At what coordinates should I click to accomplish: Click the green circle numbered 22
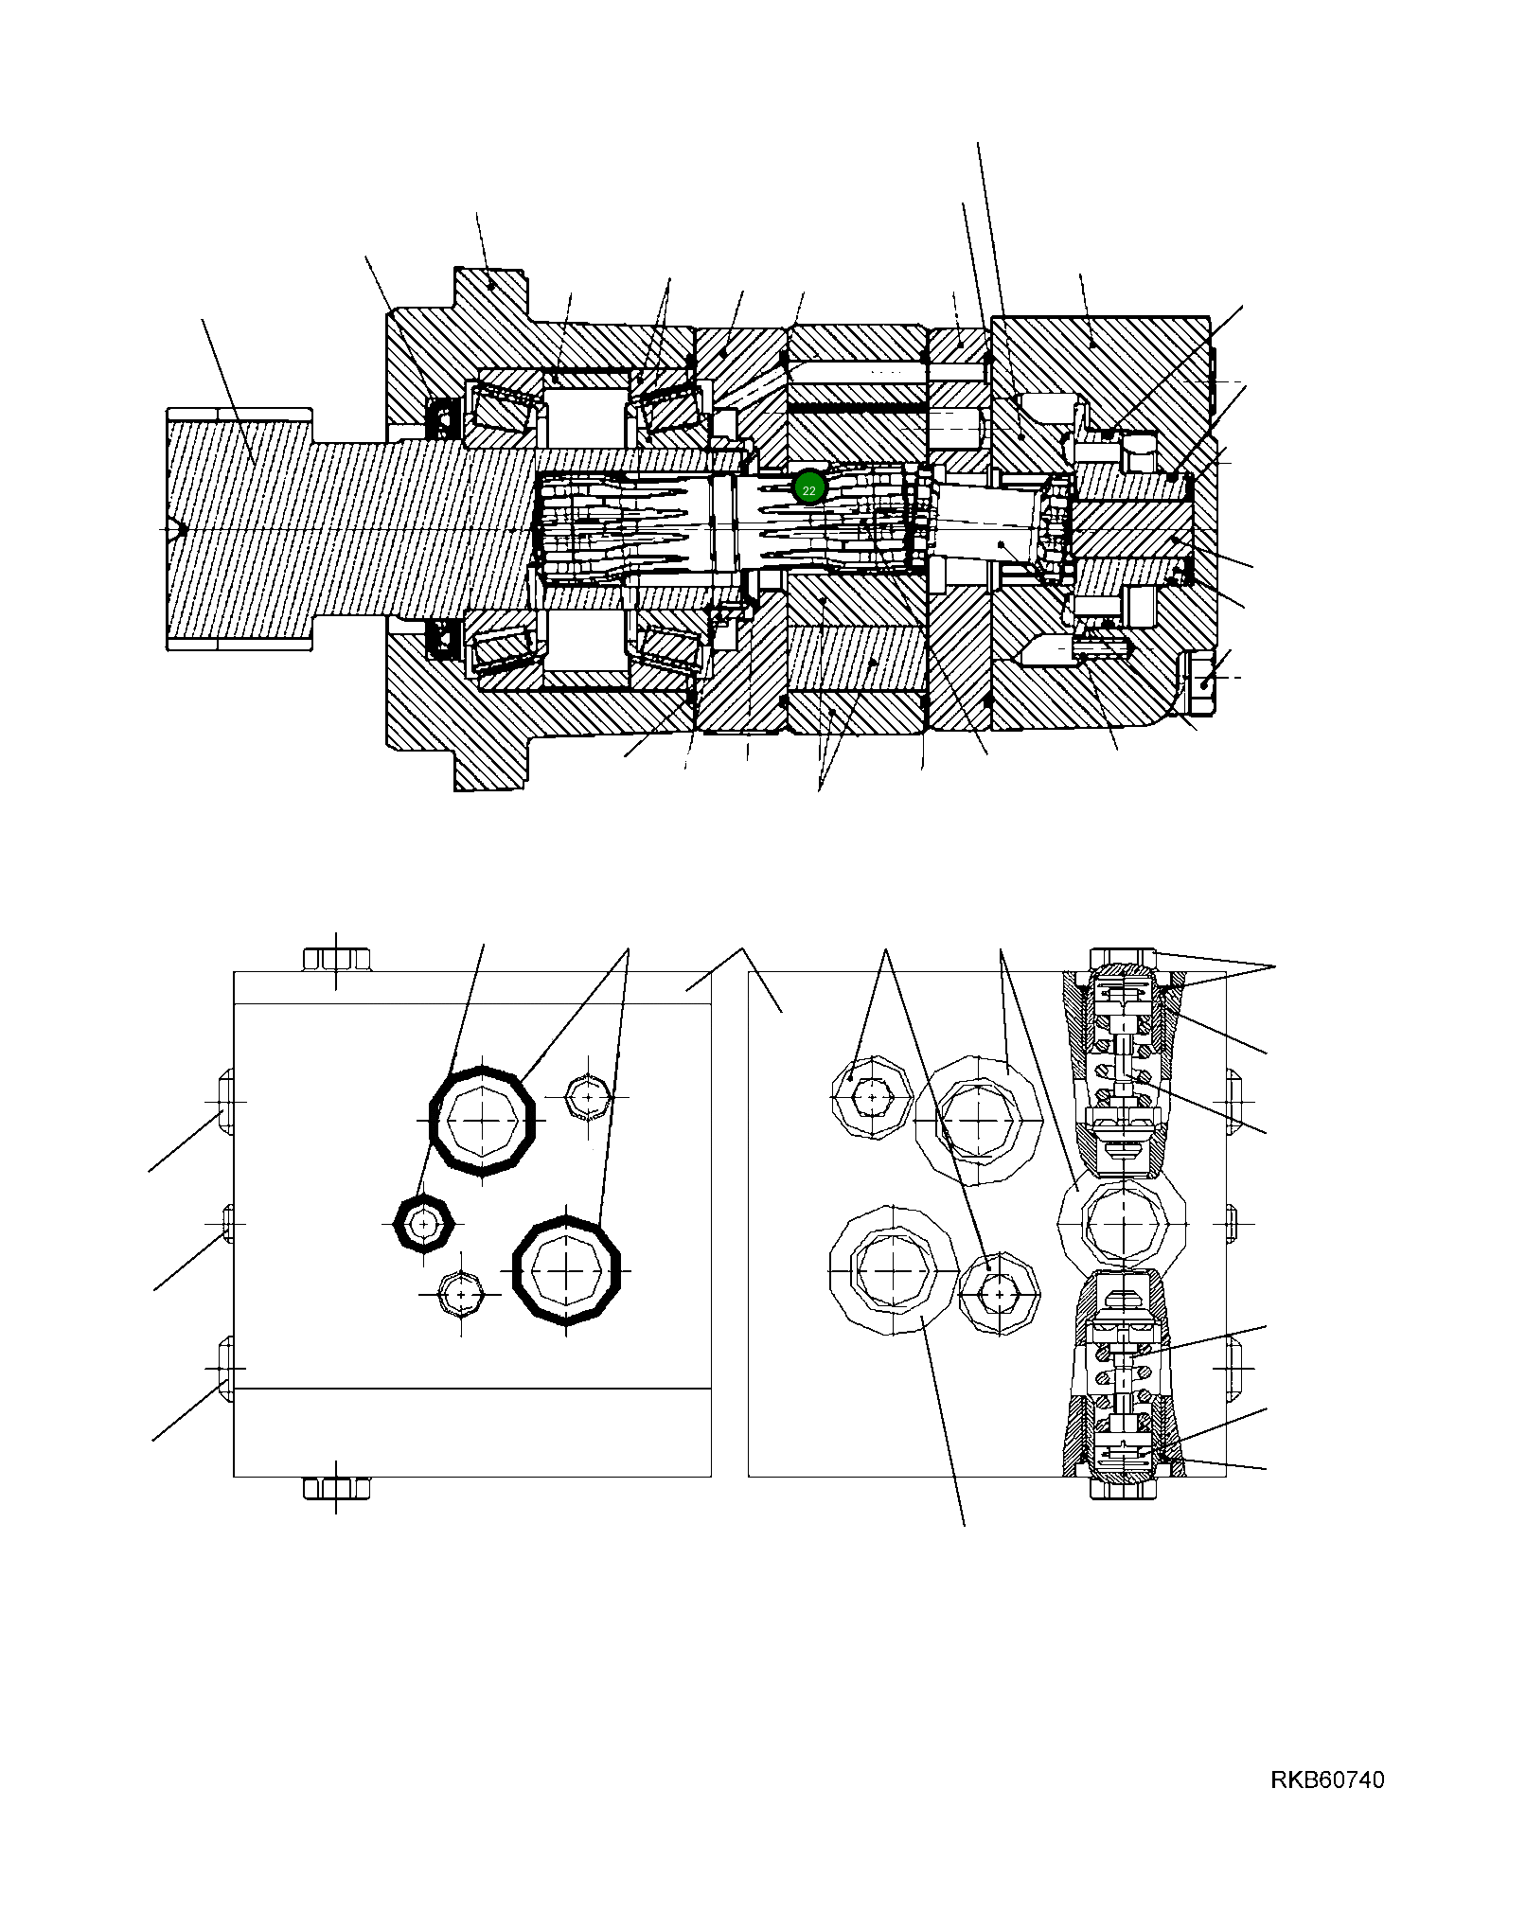tap(808, 488)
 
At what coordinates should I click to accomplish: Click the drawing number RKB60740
tap(1326, 1779)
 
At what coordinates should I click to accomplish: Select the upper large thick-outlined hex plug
tap(483, 1121)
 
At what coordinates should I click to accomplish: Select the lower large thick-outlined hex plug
tap(566, 1270)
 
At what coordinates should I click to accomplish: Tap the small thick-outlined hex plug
tap(423, 1224)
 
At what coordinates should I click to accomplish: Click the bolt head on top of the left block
tap(336, 959)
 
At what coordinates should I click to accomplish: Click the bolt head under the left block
tap(336, 1488)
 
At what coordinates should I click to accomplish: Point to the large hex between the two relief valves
tap(1122, 1224)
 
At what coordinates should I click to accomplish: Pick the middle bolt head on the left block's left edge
tap(228, 1223)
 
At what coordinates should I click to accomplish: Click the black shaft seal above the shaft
tap(443, 418)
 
